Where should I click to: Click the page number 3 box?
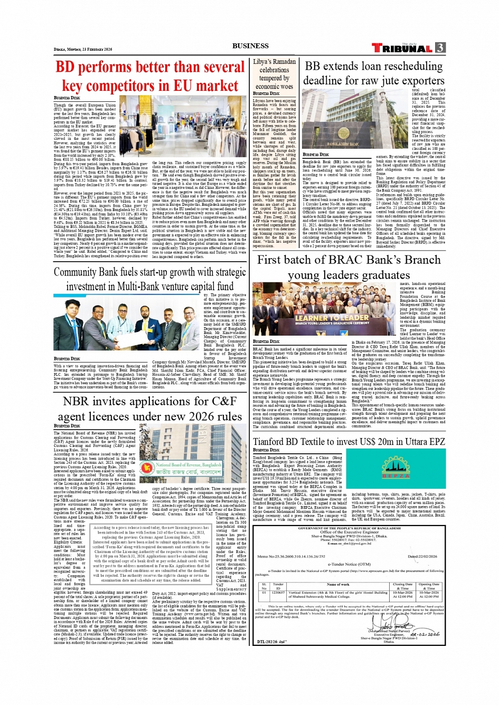click(x=440, y=47)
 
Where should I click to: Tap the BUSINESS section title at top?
click(x=250, y=46)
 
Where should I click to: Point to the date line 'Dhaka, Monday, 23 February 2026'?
click(x=83, y=49)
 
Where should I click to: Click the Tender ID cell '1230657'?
click(x=278, y=593)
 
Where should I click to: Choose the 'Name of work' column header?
click(x=338, y=584)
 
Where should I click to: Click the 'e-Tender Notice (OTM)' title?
click(x=349, y=564)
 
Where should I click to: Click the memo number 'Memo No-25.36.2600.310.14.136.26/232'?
click(x=291, y=556)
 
